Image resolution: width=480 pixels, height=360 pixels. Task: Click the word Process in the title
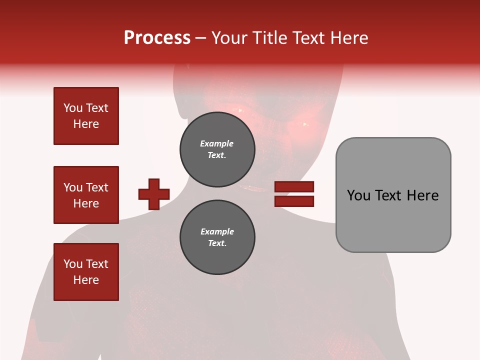pyautogui.click(x=157, y=37)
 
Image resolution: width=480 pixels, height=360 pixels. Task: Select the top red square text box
pyautogui.click(x=86, y=116)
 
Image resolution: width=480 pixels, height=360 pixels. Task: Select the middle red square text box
pyautogui.click(x=86, y=195)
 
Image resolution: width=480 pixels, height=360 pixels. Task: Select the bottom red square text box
pyautogui.click(x=86, y=272)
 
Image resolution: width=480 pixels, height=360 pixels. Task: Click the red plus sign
pyautogui.click(x=154, y=194)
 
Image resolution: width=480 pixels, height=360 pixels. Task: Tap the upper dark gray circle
pyautogui.click(x=217, y=149)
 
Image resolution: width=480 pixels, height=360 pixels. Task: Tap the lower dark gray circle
pyautogui.click(x=217, y=237)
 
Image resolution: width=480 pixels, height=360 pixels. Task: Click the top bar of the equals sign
pyautogui.click(x=294, y=187)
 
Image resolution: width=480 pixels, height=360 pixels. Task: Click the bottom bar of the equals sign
pyautogui.click(x=294, y=201)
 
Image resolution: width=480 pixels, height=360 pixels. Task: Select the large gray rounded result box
pyautogui.click(x=393, y=194)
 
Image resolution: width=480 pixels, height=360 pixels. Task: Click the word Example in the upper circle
pyautogui.click(x=216, y=143)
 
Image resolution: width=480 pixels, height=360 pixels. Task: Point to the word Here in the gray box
pyautogui.click(x=422, y=195)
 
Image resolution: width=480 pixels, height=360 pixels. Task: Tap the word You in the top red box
pyautogui.click(x=73, y=108)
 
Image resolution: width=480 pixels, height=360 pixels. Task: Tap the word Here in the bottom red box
pyautogui.click(x=86, y=280)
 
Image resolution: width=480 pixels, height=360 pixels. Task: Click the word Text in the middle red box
pyautogui.click(x=97, y=187)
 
